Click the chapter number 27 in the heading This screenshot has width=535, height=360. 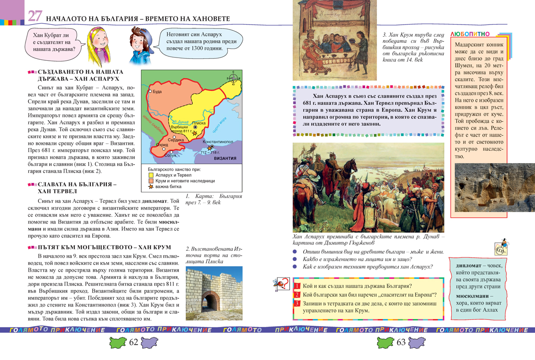coord(35,16)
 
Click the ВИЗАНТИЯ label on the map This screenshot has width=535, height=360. coord(225,159)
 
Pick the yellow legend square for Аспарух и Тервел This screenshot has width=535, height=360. coord(151,175)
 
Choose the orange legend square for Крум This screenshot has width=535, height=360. coord(151,181)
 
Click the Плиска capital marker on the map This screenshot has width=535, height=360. coord(195,127)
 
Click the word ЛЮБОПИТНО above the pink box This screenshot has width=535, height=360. coord(470,34)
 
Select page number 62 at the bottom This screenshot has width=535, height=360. coord(134,343)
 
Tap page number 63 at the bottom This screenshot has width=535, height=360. coord(401,343)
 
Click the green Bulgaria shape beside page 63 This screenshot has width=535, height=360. coord(384,343)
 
